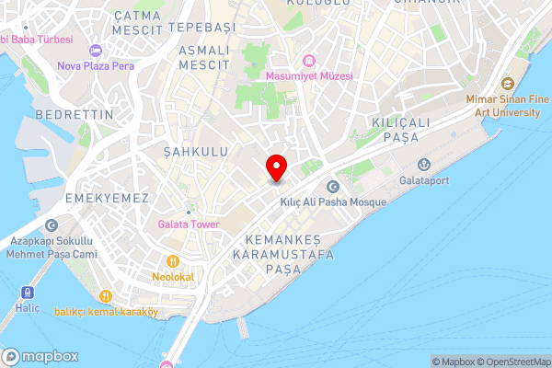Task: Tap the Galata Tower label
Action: tap(187, 223)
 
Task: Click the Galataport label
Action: tap(424, 180)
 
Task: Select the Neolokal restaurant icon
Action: tap(172, 260)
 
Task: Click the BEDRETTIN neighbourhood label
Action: tap(74, 114)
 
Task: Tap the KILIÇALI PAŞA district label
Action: tap(396, 130)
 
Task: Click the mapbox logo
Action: tap(40, 356)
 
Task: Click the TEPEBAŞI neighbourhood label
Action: tap(202, 29)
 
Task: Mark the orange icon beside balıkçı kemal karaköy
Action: tap(106, 295)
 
